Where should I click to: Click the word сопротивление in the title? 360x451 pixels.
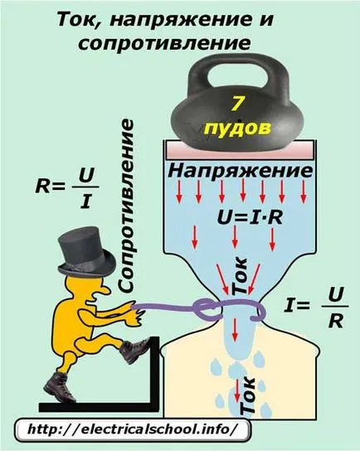164,43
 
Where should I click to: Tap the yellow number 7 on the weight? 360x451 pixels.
236,103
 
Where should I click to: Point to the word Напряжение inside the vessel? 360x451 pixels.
241,172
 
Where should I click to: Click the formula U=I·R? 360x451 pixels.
250,217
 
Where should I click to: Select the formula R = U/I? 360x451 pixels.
67,188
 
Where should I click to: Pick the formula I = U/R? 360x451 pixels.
316,308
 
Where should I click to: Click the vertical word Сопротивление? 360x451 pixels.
126,206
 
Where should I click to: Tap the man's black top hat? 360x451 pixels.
86,253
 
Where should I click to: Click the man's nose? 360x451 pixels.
105,290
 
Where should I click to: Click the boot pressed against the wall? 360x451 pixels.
134,350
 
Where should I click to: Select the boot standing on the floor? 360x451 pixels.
60,386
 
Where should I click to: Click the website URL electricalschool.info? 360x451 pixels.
133,429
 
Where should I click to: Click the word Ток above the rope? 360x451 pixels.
239,276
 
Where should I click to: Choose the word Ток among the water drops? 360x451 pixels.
247,395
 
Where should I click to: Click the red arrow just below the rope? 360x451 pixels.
235,330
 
